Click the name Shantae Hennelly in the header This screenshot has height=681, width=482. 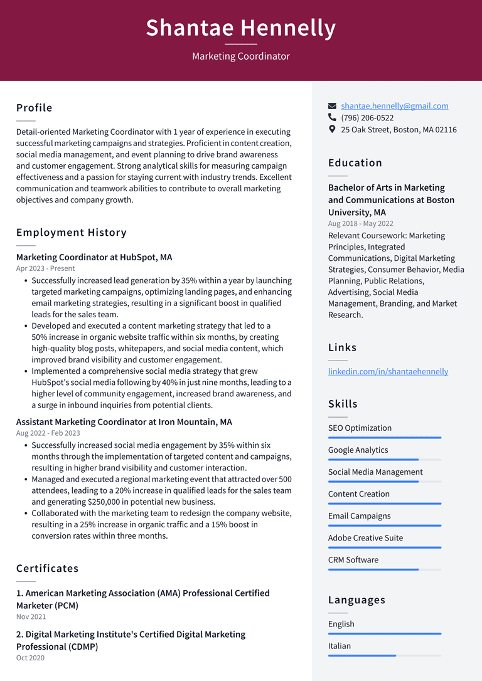tap(240, 28)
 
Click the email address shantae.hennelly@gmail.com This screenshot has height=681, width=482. tap(394, 106)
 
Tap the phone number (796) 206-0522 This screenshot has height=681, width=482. tap(367, 118)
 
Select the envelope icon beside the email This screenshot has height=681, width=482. tap(333, 107)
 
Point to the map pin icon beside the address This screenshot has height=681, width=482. tap(332, 129)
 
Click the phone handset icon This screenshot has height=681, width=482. tap(332, 118)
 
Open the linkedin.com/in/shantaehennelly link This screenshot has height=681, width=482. tap(388, 371)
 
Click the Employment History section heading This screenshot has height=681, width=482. tap(72, 233)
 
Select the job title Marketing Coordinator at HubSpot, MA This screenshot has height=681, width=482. tap(94, 257)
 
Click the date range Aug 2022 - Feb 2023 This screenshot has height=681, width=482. tap(48, 433)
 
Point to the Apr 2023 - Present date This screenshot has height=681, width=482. tap(45, 268)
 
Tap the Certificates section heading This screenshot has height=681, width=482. tap(47, 569)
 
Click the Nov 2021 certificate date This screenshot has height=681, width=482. tap(31, 617)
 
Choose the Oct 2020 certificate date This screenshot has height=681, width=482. tap(30, 658)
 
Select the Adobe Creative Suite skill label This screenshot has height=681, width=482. tap(365, 538)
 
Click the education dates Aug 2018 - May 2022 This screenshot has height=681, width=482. tap(361, 224)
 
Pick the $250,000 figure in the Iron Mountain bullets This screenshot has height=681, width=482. tap(107, 502)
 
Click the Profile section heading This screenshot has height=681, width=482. tap(35, 108)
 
